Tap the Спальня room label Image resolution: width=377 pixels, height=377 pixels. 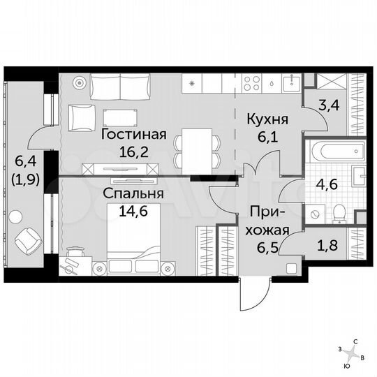click(135, 193)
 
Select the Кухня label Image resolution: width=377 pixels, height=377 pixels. click(267, 120)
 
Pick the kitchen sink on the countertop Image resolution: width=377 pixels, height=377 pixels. click(270, 82)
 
